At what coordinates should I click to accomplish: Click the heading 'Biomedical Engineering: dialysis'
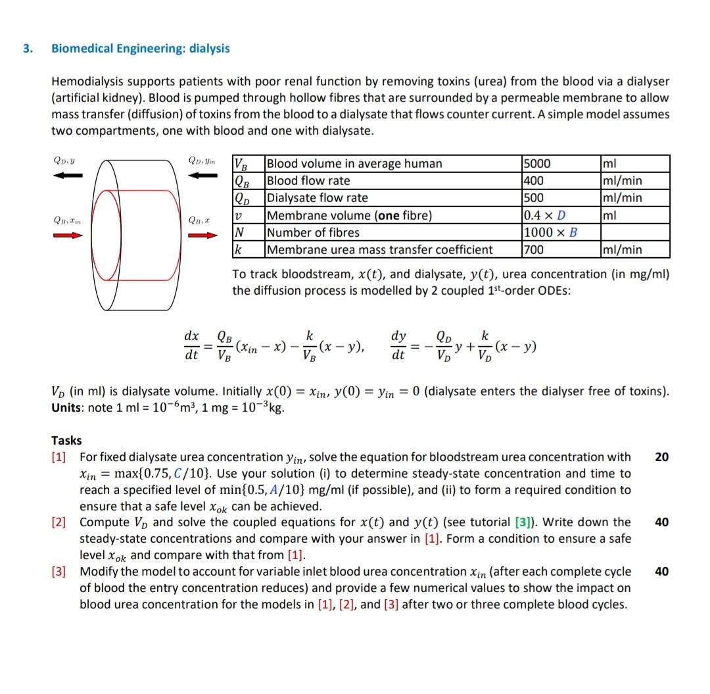point(141,49)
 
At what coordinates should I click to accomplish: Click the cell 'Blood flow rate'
point(308,181)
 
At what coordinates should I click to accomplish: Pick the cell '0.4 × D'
point(545,215)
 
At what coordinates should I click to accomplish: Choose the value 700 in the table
point(534,249)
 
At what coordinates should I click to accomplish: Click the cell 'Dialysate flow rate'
point(317,198)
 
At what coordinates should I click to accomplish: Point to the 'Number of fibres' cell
point(314,232)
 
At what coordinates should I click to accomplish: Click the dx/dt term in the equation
point(192,345)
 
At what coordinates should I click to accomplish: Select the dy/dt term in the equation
point(398,345)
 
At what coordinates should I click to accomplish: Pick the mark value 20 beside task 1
point(662,457)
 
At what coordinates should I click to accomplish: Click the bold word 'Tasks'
point(66,441)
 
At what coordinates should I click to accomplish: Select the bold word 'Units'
point(66,407)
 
